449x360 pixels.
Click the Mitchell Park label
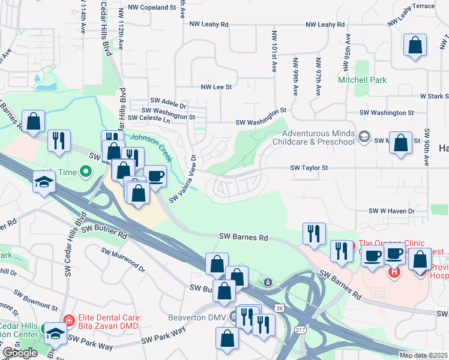[x=362, y=80]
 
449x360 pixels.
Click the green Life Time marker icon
[x=85, y=172]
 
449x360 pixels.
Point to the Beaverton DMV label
[x=202, y=316]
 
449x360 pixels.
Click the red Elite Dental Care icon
[x=69, y=321]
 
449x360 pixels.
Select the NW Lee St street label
[x=216, y=87]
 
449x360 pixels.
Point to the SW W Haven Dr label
[x=392, y=211]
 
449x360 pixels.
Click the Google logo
[x=20, y=353]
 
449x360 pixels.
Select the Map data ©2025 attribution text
[x=423, y=355]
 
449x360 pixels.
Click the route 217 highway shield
[x=300, y=330]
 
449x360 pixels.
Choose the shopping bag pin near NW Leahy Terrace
[x=415, y=46]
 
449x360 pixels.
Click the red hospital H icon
[x=394, y=272]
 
